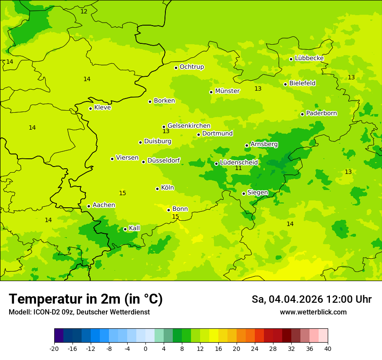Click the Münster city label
point(227,91)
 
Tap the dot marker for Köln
point(157,189)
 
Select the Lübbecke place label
point(309,58)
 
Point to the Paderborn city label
point(321,113)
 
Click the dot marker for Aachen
point(89,206)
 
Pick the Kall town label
point(134,228)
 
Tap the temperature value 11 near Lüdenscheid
point(238,168)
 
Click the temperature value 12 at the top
point(84,11)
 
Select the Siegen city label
point(257,193)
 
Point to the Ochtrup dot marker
point(176,67)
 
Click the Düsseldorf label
point(163,160)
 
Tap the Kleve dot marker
point(90,108)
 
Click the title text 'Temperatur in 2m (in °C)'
point(86,299)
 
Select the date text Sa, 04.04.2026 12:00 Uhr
point(311,299)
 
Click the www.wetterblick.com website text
point(313,312)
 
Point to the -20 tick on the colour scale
point(54,348)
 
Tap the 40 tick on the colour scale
point(327,348)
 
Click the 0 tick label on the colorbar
point(145,348)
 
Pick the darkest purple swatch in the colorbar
point(59,336)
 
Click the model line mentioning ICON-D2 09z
point(79,312)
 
